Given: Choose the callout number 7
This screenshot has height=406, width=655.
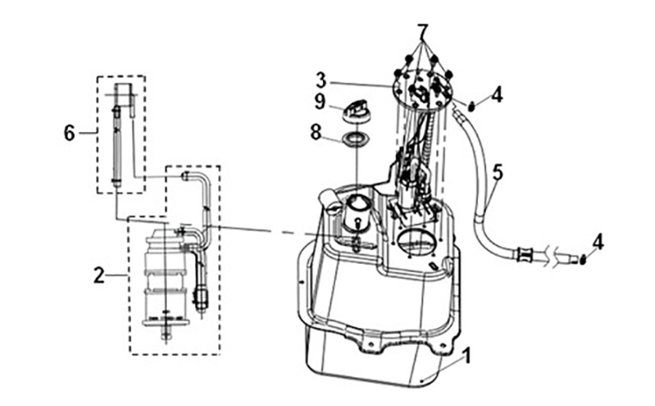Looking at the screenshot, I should coord(422,34).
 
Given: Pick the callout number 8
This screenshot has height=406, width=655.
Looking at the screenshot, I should coord(316,133).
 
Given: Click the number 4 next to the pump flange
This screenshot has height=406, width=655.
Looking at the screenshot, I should coord(497,97).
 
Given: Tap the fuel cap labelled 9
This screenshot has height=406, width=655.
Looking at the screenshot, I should coord(358,109).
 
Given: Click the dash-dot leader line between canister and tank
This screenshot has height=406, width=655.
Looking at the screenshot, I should coord(258,231).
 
